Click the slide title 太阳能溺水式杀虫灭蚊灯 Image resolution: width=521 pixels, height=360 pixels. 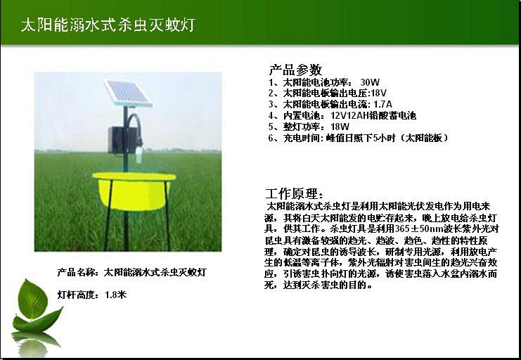[108, 25]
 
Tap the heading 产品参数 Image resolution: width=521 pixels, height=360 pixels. [295, 70]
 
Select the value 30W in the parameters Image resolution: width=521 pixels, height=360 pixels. [370, 82]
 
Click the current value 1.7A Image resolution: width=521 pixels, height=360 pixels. [382, 104]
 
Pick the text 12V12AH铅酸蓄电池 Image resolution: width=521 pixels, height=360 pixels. [373, 116]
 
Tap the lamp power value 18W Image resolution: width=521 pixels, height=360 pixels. [340, 127]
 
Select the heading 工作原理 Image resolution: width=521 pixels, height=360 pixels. [294, 193]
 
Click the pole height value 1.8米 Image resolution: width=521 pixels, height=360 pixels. [115, 295]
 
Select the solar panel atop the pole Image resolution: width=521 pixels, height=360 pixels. [128, 94]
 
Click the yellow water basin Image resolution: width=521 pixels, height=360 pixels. [134, 191]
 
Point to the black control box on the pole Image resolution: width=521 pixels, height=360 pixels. [120, 140]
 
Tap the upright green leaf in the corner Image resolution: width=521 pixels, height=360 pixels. [32, 300]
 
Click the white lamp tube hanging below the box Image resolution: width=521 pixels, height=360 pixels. [139, 155]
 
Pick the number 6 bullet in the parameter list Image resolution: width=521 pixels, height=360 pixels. [271, 138]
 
